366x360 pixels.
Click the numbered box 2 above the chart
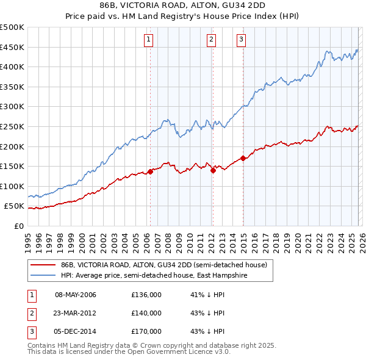click(211, 40)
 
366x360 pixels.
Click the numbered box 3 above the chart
click(241, 40)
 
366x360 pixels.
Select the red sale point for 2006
click(150, 172)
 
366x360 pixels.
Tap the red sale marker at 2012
click(213, 171)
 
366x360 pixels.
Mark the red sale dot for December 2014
click(243, 159)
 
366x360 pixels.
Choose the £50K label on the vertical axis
click(15, 206)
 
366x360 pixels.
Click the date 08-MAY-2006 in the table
click(76, 295)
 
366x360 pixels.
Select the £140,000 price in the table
click(146, 313)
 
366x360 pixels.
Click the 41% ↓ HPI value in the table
click(207, 295)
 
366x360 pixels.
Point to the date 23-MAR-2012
click(76, 313)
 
